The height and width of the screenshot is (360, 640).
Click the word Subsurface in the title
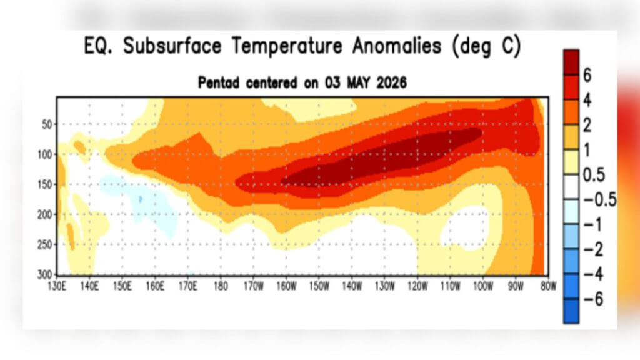[x=172, y=46]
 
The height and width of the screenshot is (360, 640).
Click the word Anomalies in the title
[x=397, y=46]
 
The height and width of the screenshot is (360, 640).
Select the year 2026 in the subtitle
[x=391, y=83]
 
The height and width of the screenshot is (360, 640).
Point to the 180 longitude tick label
[x=221, y=286]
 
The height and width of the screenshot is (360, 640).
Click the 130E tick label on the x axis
[x=57, y=286]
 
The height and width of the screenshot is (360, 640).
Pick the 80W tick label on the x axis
[x=549, y=286]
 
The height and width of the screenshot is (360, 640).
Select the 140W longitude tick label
[x=352, y=286]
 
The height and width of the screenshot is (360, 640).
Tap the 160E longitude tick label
[x=155, y=286]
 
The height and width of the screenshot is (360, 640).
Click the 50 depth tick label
[x=47, y=124]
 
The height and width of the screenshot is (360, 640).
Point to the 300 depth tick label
[x=45, y=275]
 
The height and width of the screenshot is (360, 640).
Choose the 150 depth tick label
[x=45, y=184]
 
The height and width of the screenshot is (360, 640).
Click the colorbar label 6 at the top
[x=587, y=75]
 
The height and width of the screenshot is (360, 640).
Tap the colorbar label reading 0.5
[x=594, y=175]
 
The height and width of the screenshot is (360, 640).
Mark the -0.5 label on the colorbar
[x=600, y=199]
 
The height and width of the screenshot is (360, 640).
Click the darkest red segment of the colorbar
[x=571, y=62]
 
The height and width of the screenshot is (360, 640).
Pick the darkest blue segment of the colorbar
[x=571, y=311]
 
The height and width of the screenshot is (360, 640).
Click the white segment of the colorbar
[x=571, y=187]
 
